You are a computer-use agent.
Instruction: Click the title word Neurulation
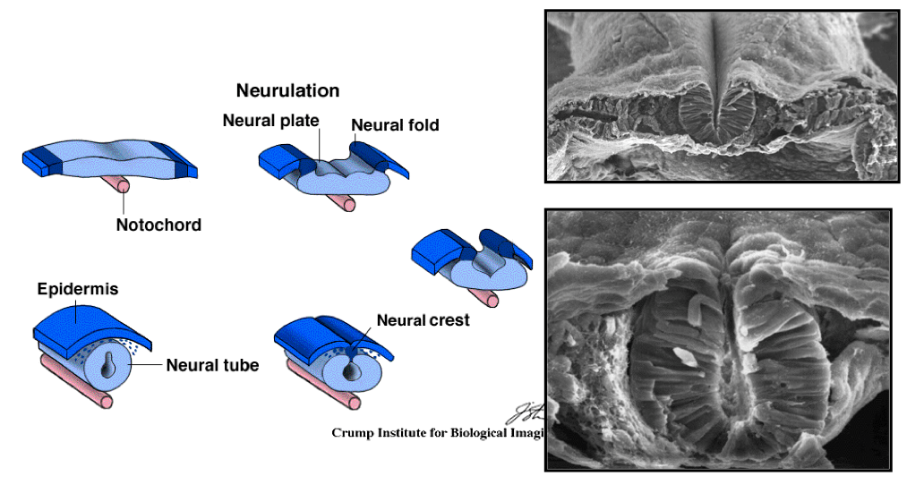(x=287, y=90)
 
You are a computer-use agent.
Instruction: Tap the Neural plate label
(x=270, y=121)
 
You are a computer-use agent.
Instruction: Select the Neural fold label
(x=395, y=125)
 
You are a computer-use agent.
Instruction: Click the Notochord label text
(x=158, y=225)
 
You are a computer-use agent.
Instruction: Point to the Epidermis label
(x=78, y=290)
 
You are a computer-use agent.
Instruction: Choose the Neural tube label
(x=212, y=365)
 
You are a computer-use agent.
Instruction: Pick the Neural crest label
(x=423, y=319)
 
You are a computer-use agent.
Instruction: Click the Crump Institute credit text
(x=439, y=433)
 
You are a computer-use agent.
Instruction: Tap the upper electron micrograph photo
(x=721, y=95)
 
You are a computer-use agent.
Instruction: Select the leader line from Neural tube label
(x=148, y=364)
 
